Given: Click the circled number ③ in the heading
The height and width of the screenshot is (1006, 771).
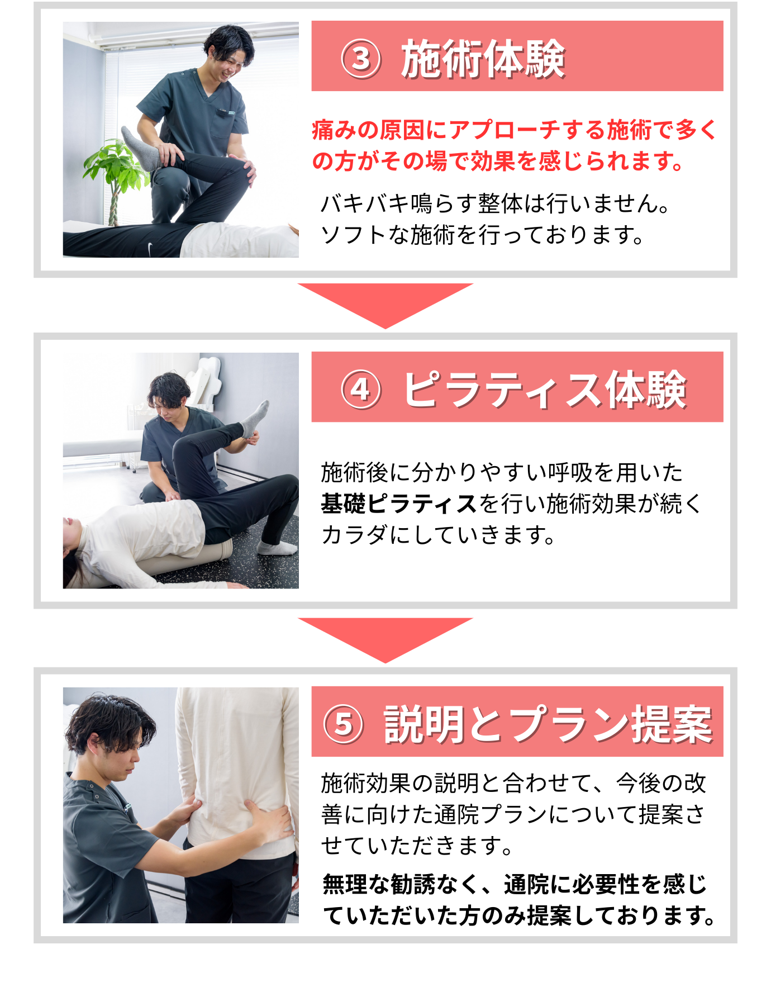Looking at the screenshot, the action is click(x=361, y=58).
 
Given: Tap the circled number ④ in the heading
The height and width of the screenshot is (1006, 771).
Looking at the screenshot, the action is click(x=361, y=389).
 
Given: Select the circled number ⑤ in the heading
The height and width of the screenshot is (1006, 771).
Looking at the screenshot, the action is click(x=344, y=724).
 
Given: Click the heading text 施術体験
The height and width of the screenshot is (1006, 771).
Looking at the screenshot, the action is click(x=483, y=58).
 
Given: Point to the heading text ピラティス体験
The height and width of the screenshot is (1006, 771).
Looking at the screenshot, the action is click(x=545, y=389).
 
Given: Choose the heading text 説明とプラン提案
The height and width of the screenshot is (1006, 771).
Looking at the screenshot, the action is click(x=548, y=724).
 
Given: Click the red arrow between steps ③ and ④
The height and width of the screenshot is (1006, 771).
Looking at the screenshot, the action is click(x=385, y=305).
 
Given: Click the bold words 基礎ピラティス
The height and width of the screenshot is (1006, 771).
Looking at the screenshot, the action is click(x=399, y=504).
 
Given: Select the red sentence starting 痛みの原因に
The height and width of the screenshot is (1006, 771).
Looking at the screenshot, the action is click(x=514, y=145).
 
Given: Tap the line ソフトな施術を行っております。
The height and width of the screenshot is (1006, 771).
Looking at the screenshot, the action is click(x=483, y=235).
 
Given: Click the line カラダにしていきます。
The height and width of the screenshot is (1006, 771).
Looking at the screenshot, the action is click(x=439, y=535).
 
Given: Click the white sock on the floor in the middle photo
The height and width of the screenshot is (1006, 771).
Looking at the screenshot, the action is click(x=277, y=548).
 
